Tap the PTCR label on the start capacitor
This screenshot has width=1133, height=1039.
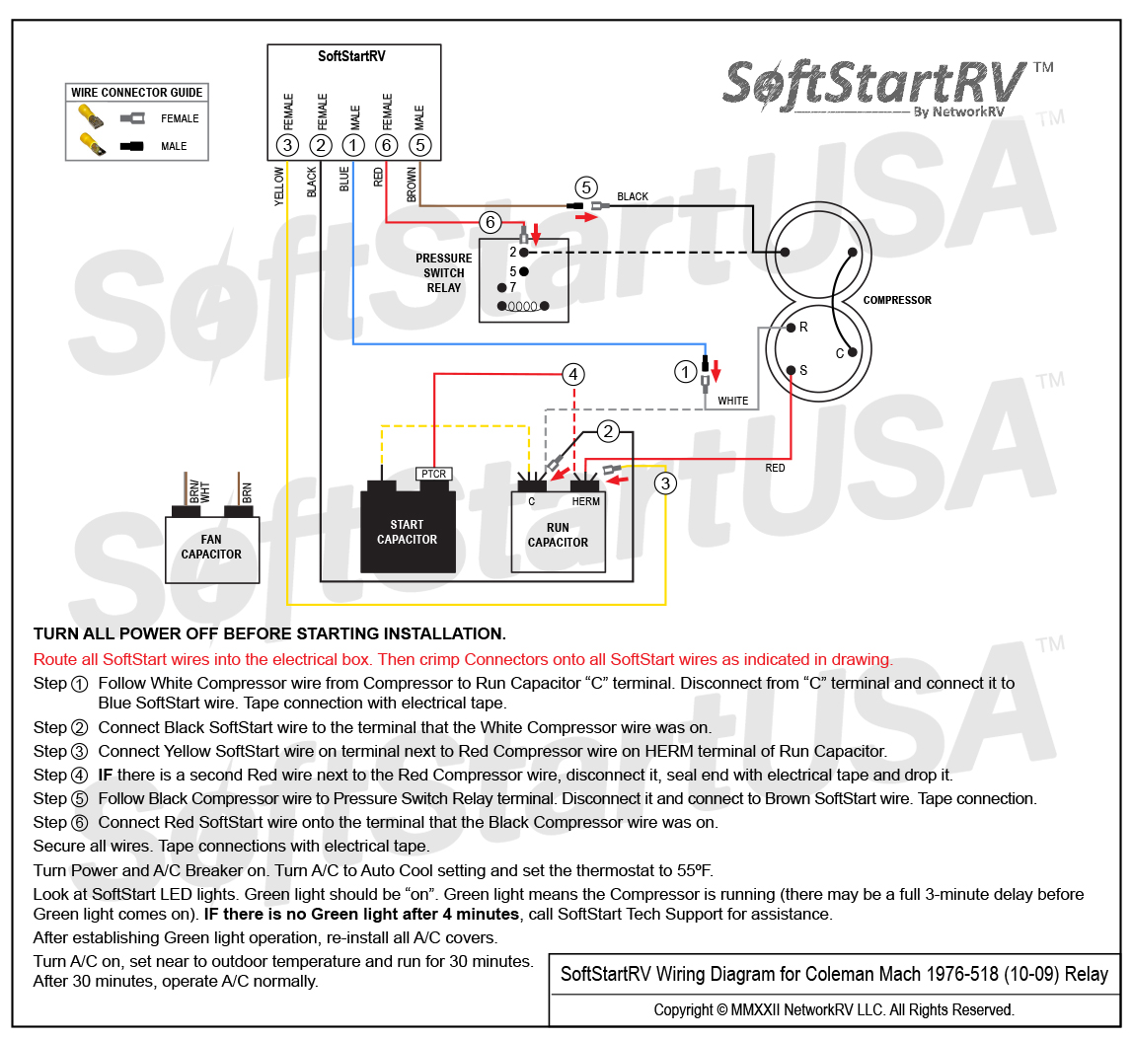(x=433, y=474)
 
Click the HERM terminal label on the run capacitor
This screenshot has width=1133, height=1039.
(x=586, y=501)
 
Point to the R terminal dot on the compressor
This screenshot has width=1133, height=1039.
(x=792, y=328)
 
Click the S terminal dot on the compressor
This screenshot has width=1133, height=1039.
(x=792, y=370)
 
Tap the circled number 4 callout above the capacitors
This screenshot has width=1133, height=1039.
(x=573, y=374)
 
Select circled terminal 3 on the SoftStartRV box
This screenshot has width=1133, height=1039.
(x=287, y=145)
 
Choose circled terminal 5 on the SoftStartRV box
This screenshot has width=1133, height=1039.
(x=419, y=145)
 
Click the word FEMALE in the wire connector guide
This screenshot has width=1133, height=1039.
(x=180, y=118)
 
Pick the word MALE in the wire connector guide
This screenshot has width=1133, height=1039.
(x=174, y=146)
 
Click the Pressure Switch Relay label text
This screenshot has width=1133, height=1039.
(x=444, y=273)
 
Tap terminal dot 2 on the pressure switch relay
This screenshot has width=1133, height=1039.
(x=524, y=253)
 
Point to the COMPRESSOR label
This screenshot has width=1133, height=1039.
(x=897, y=300)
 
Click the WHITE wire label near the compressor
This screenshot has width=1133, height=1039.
(x=732, y=401)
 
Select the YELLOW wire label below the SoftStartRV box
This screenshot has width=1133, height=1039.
(x=279, y=186)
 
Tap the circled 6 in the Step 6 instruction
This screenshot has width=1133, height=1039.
(x=80, y=823)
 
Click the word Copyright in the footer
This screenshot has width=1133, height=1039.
(x=683, y=1009)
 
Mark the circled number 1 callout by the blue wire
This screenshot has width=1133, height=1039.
(x=685, y=372)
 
